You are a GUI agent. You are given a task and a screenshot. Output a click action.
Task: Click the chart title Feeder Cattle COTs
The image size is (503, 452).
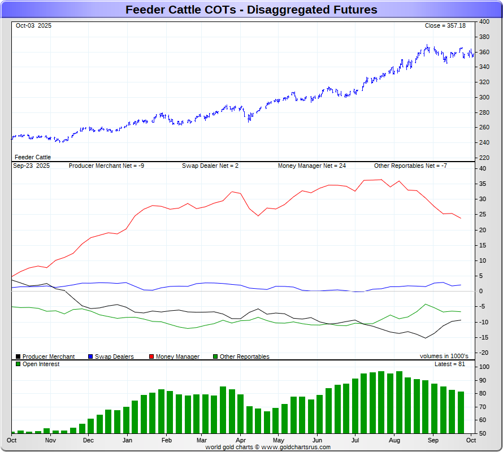(251, 10)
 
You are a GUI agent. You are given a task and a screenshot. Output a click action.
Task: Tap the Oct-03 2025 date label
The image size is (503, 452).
(33, 26)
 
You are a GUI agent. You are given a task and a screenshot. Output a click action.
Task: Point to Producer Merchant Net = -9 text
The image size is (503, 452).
(106, 166)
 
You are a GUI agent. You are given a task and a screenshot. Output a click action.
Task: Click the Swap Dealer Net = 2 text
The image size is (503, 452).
(210, 166)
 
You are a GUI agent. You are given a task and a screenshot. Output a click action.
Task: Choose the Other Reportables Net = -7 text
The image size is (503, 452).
(410, 166)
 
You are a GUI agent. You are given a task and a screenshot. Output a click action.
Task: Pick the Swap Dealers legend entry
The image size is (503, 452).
(114, 357)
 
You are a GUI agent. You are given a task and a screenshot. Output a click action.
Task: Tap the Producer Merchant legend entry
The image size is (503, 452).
(48, 357)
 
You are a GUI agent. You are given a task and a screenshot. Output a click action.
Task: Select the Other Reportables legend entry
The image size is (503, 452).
(244, 357)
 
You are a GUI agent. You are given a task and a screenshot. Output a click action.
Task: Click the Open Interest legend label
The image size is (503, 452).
(41, 364)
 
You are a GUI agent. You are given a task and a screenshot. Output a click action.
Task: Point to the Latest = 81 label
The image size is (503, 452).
(450, 364)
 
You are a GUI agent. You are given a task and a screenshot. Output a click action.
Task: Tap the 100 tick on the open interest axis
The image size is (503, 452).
(484, 367)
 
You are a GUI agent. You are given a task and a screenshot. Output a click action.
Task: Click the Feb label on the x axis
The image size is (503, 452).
(166, 440)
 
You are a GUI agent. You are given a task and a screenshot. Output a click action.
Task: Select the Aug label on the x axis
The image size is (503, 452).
(394, 440)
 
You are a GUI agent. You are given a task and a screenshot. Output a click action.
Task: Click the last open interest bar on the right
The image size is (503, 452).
(461, 412)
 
